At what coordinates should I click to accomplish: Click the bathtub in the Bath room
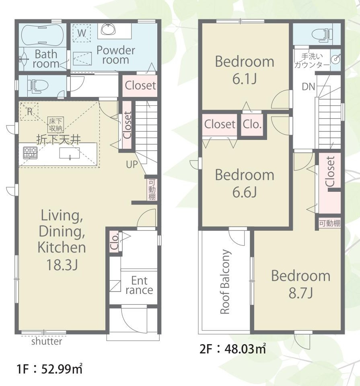pyautogui.click(x=42, y=35)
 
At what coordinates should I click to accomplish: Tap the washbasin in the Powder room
pyautogui.click(x=108, y=29)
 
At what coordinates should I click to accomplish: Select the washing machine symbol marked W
pyautogui.click(x=82, y=33)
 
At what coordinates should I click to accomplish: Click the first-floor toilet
pyautogui.click(x=38, y=86)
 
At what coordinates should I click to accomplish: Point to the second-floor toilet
pyautogui.click(x=322, y=35)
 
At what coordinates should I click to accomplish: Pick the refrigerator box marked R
pyautogui.click(x=29, y=111)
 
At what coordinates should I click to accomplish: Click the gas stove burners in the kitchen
pyautogui.click(x=30, y=153)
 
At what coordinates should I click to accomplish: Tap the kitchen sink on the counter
pyautogui.click(x=70, y=153)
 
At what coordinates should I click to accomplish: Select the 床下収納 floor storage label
pyautogui.click(x=56, y=124)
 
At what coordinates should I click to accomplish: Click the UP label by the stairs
pyautogui.click(x=132, y=164)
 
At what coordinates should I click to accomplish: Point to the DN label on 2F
pyautogui.click(x=309, y=86)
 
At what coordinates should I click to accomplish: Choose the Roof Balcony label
pyautogui.click(x=225, y=281)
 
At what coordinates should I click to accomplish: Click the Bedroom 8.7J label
pyautogui.click(x=300, y=284)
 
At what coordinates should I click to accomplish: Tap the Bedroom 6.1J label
pyautogui.click(x=245, y=70)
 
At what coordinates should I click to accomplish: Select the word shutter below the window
pyautogui.click(x=47, y=341)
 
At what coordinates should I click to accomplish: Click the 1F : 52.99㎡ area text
pyautogui.click(x=49, y=369)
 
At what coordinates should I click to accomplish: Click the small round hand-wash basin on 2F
pyautogui.click(x=335, y=59)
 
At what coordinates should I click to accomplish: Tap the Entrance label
pyautogui.click(x=139, y=285)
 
